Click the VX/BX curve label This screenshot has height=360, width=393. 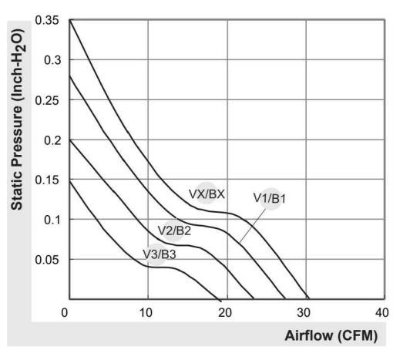207,194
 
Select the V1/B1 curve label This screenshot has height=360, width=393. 270,198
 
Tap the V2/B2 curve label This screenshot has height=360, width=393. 174,230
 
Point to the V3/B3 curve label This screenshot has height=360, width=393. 160,254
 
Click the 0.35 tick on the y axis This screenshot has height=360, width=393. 47,20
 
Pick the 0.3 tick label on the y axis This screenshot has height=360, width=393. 52,60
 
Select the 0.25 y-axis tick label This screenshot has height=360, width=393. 47,100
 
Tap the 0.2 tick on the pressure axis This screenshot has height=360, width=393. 52,140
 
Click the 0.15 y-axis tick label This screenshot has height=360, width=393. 47,180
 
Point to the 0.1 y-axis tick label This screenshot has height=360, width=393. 52,220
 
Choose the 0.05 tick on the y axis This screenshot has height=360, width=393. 47,260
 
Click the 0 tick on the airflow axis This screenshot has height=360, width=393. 65,313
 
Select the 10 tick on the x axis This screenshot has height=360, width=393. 146,313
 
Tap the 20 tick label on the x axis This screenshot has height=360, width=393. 225,313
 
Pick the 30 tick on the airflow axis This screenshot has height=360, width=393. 304,313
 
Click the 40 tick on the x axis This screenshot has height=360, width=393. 382,313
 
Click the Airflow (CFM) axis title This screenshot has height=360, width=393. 331,335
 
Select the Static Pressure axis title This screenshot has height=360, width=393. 18,119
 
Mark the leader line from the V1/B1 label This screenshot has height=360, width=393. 253,226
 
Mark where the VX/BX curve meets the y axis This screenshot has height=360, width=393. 69,20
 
